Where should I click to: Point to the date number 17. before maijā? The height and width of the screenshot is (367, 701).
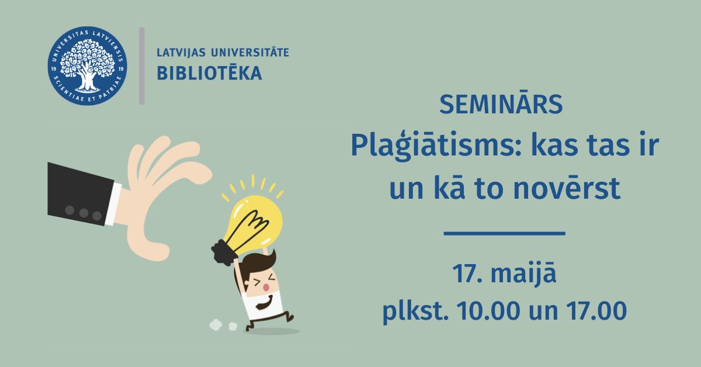(467, 273)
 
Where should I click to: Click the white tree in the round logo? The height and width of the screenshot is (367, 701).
(87, 65)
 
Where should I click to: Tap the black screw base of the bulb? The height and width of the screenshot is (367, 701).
(223, 252)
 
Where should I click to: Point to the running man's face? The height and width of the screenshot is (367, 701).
(261, 281)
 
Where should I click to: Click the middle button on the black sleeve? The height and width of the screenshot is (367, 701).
(84, 213)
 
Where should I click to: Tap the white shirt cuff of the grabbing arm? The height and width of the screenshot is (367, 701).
(113, 204)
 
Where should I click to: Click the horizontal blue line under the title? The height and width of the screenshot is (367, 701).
(505, 233)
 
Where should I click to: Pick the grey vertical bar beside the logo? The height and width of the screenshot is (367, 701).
(142, 66)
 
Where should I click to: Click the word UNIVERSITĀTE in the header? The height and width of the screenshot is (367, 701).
(250, 52)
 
